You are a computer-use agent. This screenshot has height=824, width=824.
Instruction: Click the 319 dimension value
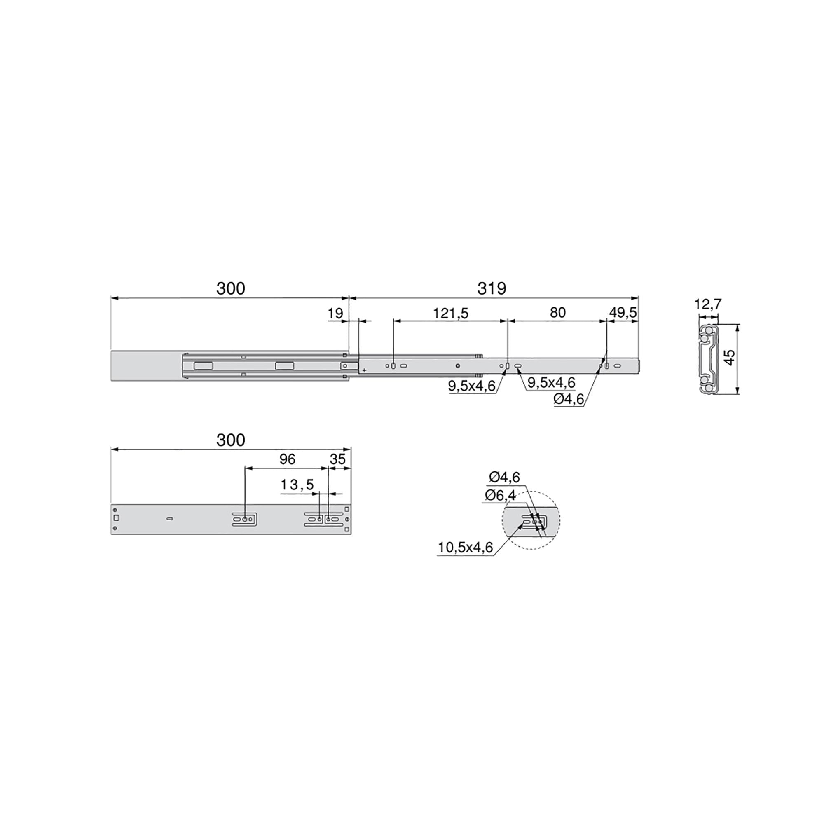tap(492, 289)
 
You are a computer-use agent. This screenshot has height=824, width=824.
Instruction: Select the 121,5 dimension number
tap(450, 314)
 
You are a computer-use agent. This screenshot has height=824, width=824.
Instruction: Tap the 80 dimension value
tap(557, 313)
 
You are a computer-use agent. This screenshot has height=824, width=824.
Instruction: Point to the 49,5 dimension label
tap(623, 313)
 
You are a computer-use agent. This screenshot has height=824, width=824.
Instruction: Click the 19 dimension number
tap(335, 314)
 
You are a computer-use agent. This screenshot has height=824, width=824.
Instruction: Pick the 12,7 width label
tap(707, 304)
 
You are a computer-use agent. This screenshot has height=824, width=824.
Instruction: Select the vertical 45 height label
tap(730, 357)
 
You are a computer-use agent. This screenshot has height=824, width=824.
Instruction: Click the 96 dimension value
tap(287, 459)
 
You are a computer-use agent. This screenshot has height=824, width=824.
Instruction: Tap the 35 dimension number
tap(337, 459)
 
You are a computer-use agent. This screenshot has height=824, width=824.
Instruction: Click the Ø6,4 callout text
tap(500, 495)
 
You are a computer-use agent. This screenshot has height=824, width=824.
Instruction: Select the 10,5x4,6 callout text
tap(465, 548)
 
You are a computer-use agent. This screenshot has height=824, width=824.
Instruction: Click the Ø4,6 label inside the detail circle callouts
tap(504, 477)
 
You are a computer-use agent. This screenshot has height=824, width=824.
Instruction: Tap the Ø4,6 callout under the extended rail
tap(569, 399)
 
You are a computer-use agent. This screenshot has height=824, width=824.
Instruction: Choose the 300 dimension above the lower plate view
tap(231, 440)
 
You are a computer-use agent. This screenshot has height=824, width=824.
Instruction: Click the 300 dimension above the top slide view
tap(231, 289)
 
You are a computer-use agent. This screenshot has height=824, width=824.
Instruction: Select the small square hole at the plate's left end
tap(117, 518)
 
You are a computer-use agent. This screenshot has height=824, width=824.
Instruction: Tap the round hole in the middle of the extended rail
tap(458, 365)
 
